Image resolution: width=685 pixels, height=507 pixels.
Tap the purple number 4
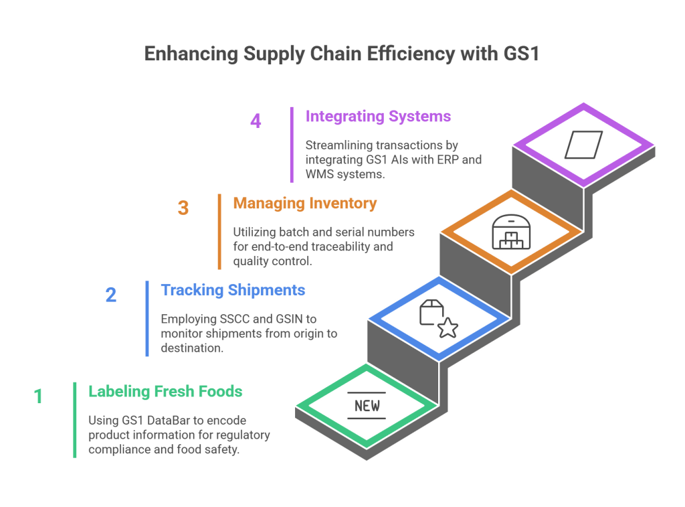(x=256, y=122)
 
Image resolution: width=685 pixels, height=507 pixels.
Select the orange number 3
(x=183, y=208)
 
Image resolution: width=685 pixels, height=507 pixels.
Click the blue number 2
(x=111, y=295)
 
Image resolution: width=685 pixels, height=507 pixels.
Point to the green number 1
(x=38, y=396)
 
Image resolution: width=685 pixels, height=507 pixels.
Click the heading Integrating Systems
(x=378, y=116)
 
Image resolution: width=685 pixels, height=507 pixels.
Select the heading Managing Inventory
(x=305, y=202)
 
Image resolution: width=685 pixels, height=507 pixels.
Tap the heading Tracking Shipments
(x=233, y=289)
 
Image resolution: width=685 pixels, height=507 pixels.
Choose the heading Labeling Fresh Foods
(x=165, y=390)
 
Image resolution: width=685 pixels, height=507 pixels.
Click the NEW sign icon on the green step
(x=367, y=405)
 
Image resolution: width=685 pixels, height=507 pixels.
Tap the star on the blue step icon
(x=448, y=327)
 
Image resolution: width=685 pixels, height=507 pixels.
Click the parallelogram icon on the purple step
(x=583, y=145)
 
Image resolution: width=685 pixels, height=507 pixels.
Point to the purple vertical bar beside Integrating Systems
(x=292, y=144)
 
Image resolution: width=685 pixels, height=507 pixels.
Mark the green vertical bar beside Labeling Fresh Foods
(x=75, y=419)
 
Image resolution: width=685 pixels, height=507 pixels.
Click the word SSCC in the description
(x=235, y=319)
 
